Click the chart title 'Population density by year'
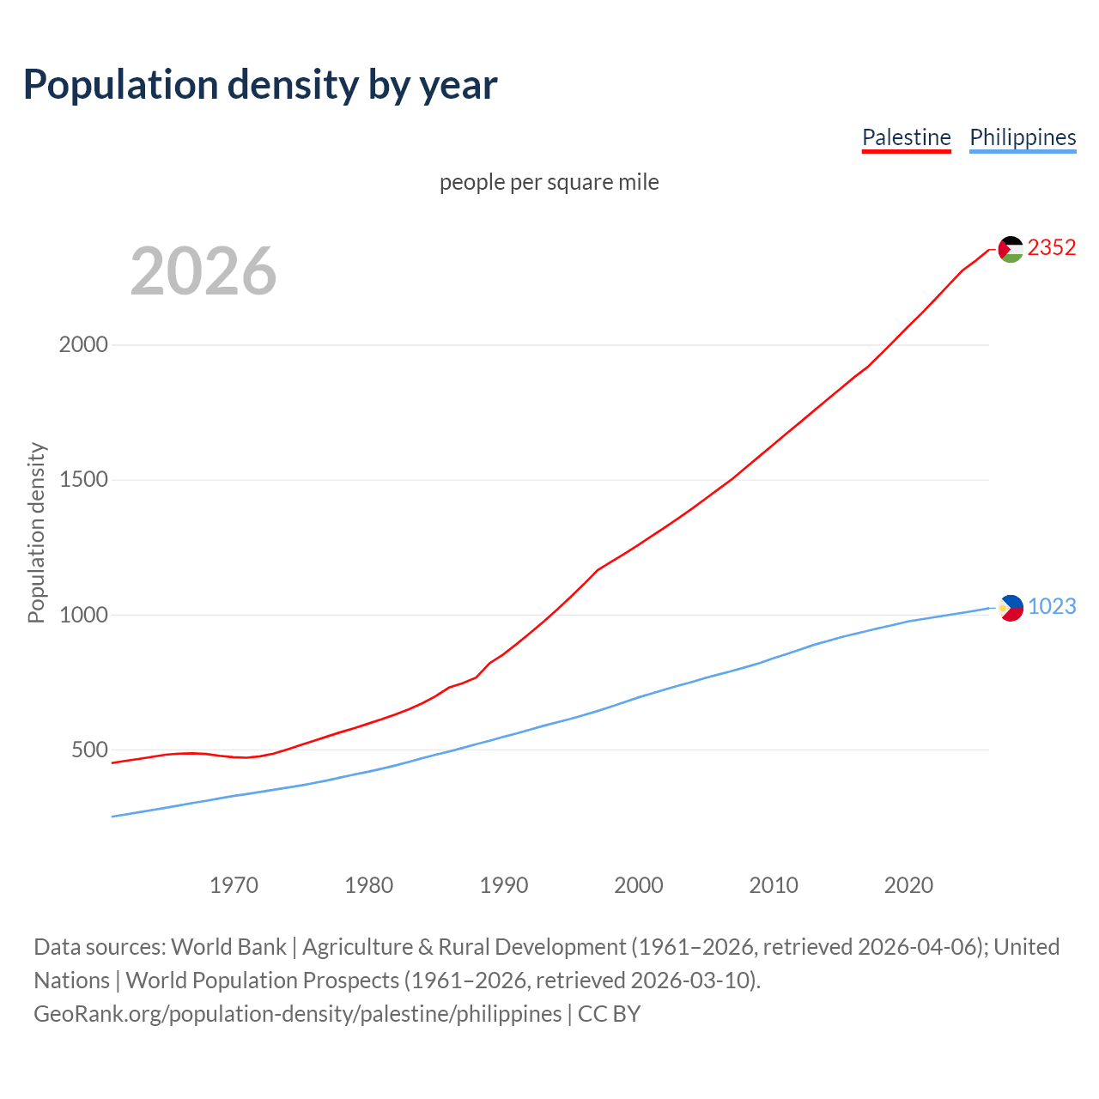tap(260, 85)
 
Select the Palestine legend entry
tap(906, 137)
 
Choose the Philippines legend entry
tap(1022, 137)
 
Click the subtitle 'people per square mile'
tap(549, 182)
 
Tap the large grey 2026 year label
tap(203, 271)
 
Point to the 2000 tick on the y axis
tap(83, 344)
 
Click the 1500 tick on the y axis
tap(83, 479)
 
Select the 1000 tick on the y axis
tap(83, 615)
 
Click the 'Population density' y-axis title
tap(36, 532)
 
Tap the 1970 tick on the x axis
tap(234, 885)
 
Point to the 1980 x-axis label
tap(368, 885)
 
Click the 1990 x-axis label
tap(504, 885)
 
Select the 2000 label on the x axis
tap(639, 885)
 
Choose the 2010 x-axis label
tap(774, 885)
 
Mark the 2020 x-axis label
tap(908, 885)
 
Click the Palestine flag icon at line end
tap(1011, 249)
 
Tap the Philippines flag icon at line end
tap(1011, 608)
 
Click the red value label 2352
tap(1052, 247)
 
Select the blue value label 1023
tap(1052, 606)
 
